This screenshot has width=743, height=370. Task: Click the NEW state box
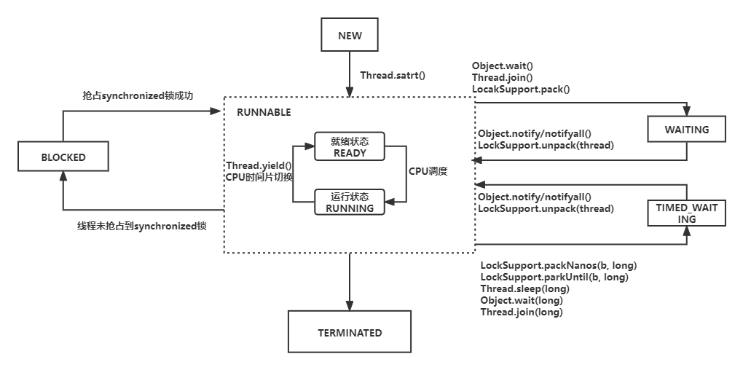click(350, 36)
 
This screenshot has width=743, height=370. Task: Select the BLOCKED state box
click(63, 157)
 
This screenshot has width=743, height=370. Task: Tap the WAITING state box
click(687, 130)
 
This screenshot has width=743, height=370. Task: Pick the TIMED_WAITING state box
click(687, 213)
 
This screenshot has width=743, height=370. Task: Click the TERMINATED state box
click(350, 333)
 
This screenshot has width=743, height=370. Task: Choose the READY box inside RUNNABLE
click(350, 147)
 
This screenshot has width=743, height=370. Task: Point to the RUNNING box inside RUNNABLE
click(350, 202)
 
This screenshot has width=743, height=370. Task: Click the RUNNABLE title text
click(264, 112)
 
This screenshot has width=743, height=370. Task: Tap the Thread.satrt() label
click(393, 75)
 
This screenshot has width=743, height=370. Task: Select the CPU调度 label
click(428, 172)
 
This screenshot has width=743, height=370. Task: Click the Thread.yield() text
click(259, 166)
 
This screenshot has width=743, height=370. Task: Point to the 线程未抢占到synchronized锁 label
click(141, 227)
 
